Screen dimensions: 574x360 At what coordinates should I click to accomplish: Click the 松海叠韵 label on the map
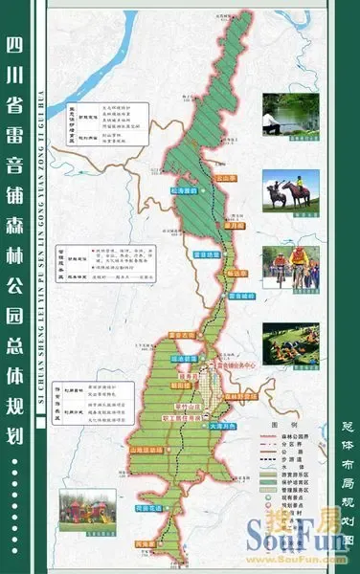pyautogui.click(x=181, y=191)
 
